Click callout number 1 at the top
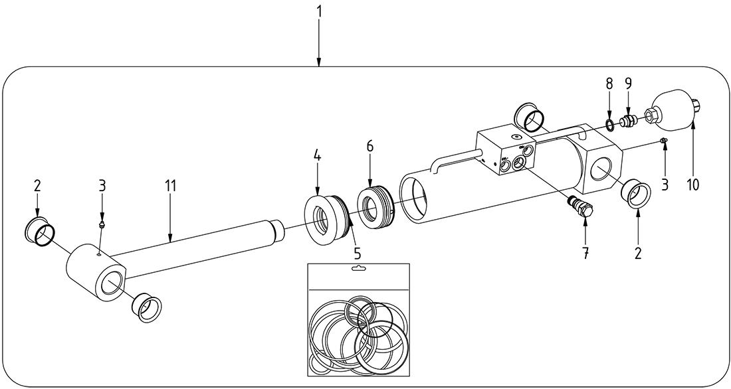click(x=319, y=11)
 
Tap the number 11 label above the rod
click(x=171, y=186)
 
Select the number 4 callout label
click(x=317, y=157)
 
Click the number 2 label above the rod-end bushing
click(x=37, y=186)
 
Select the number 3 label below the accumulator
click(x=665, y=185)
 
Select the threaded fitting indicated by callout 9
click(x=628, y=120)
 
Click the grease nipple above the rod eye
click(x=102, y=225)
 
